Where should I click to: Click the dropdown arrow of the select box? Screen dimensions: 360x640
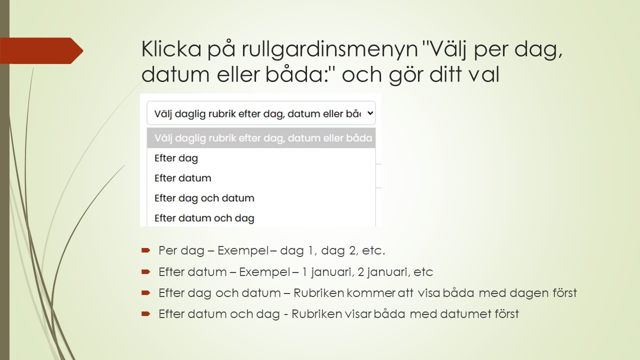coord(370,113)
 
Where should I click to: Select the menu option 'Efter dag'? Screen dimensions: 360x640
coord(176,158)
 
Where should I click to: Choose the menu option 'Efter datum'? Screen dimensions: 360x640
coord(182,178)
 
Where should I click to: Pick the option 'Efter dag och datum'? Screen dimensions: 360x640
coord(204,198)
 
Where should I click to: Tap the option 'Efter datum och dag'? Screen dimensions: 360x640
coord(204,218)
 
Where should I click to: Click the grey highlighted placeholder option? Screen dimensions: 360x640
coord(260,138)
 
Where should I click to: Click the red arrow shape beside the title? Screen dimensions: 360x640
coord(45,50)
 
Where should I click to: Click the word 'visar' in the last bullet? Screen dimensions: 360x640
coord(357,314)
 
